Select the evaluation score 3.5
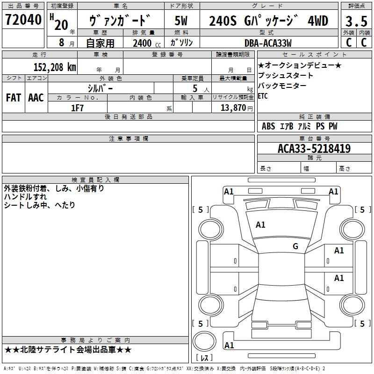[355, 22]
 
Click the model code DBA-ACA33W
[268, 43]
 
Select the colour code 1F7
[77, 108]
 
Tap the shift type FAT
[13, 98]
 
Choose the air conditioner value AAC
[36, 98]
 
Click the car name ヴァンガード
[120, 21]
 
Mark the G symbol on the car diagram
[295, 246]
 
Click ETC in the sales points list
[263, 96]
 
